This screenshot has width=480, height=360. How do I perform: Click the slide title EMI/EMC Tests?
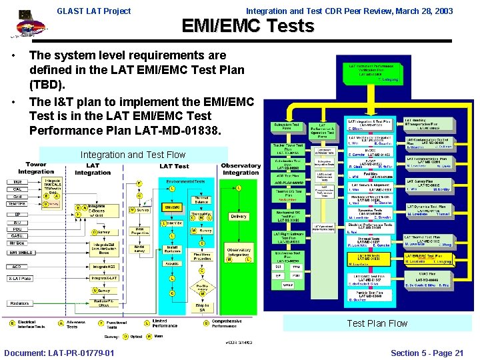tap(247, 26)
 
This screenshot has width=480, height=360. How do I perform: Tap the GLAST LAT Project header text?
tap(94, 11)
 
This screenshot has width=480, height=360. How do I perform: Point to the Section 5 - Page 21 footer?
tap(427, 353)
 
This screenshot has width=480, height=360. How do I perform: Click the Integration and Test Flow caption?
tap(133, 155)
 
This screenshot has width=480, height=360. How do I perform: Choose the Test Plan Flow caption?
tap(377, 323)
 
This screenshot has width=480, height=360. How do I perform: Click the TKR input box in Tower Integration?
tap(17, 181)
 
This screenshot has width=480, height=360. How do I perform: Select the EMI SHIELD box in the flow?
tap(21, 252)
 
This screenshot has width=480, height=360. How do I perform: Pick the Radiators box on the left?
tap(19, 303)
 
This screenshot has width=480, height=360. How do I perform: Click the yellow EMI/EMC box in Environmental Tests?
tap(172, 209)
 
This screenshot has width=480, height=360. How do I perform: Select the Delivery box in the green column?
tap(238, 216)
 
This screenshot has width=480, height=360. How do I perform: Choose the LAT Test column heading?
tap(174, 166)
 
